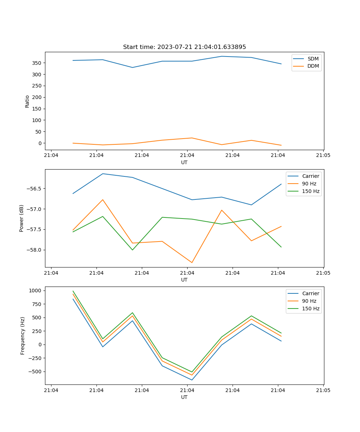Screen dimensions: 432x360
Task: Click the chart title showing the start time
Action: (x=184, y=47)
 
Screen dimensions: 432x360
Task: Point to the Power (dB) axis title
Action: (x=22, y=218)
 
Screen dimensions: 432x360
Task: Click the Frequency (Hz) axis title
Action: (x=23, y=336)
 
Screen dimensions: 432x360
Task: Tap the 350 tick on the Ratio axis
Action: (x=37, y=63)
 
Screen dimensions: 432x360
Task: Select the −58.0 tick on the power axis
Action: (x=34, y=250)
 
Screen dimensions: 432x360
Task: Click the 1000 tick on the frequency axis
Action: (x=36, y=291)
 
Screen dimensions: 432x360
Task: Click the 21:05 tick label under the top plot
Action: (x=323, y=156)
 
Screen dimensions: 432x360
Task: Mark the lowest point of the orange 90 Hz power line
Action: (x=192, y=262)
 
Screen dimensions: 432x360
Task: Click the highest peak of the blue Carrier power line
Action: (x=103, y=174)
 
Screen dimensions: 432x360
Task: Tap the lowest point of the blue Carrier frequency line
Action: (x=192, y=380)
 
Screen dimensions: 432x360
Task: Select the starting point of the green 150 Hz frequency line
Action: (x=73, y=291)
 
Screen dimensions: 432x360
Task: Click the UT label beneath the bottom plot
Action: (x=184, y=397)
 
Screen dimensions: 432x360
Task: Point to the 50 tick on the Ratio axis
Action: (x=38, y=132)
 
